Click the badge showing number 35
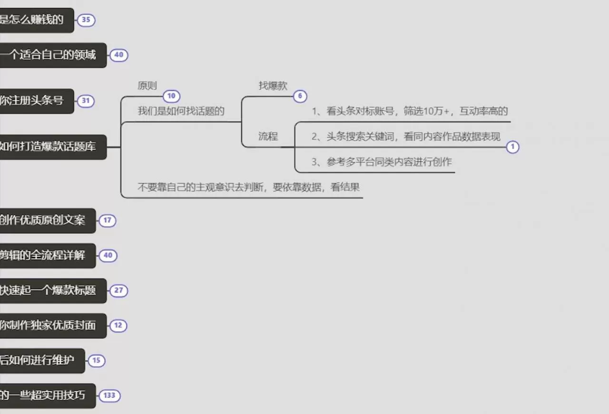86,20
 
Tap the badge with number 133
109,395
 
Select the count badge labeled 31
86,101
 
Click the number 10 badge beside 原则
171,96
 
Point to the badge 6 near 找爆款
300,96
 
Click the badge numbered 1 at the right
512,147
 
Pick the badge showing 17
107,220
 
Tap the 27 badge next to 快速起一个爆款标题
118,290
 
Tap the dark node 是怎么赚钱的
33,20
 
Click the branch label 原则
147,86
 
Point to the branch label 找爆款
273,86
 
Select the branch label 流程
268,137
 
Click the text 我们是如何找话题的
181,111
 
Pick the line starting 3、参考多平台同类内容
382,162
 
